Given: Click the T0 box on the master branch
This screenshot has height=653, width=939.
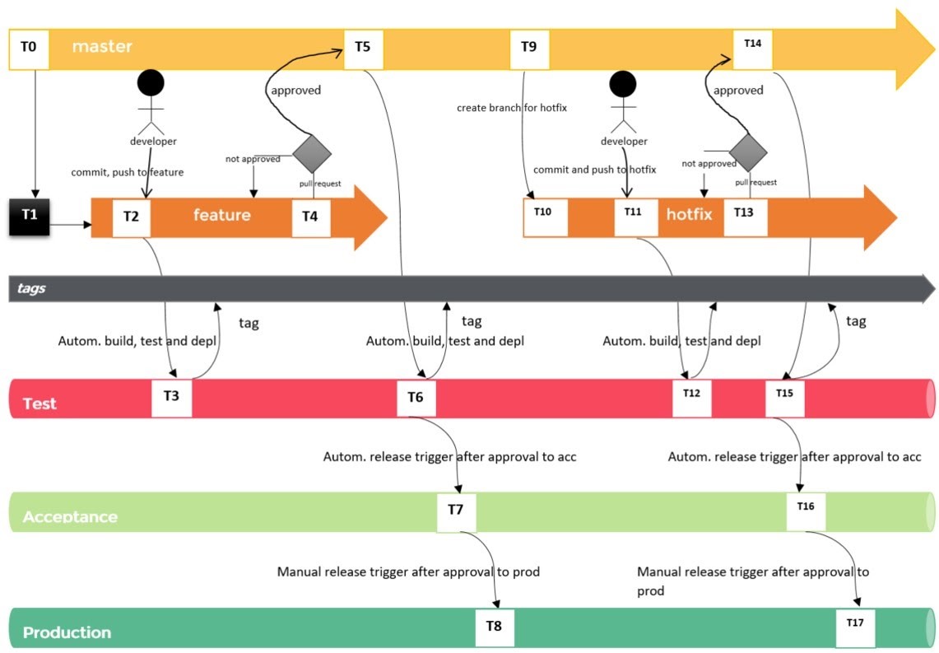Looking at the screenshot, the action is pos(29,49).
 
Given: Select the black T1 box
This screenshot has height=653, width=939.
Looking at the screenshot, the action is pos(30,217).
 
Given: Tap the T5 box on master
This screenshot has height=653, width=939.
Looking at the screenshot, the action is pos(364,49).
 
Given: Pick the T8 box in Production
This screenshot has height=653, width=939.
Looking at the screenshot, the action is pos(495,627).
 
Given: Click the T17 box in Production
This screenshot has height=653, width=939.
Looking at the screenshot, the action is pos(855,627).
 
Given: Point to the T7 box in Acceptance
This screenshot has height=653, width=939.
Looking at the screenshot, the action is pos(456,512).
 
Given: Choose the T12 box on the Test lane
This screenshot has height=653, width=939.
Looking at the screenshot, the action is pos(691,397).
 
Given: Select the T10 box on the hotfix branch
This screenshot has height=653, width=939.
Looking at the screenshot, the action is pos(545,217).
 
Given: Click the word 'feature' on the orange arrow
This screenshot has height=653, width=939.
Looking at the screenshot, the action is pos(221,215).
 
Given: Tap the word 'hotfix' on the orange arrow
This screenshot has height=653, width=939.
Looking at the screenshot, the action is pos(690,214).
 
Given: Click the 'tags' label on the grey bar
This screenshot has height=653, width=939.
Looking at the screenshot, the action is pos(31,289).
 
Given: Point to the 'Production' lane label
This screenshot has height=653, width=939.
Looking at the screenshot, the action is pos(67,632).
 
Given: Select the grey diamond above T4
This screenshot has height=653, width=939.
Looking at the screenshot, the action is pos(312,153).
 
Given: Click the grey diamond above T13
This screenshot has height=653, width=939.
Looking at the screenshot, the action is pos(748,152).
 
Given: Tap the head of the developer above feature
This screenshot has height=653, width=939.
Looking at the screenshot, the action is pos(151,83).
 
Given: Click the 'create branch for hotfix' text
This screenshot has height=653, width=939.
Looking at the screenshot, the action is pos(512,108).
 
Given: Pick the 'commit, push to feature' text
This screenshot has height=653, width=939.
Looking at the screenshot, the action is pos(127,173).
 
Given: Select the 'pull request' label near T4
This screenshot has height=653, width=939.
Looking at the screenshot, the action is pos(320,184).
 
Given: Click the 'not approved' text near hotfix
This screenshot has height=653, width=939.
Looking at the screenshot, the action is pos(709,164).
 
